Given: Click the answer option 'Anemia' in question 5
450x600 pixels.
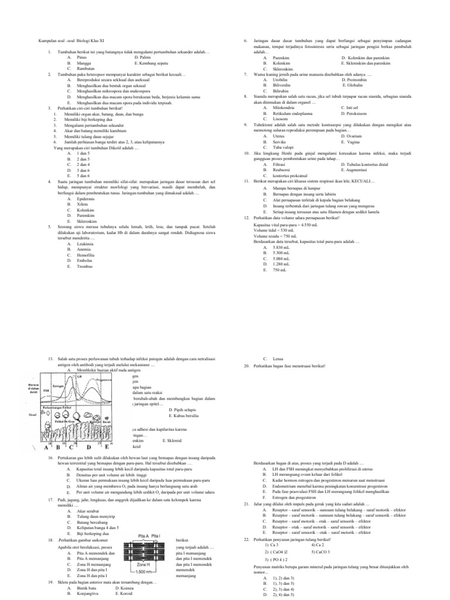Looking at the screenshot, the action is tap(84, 250).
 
